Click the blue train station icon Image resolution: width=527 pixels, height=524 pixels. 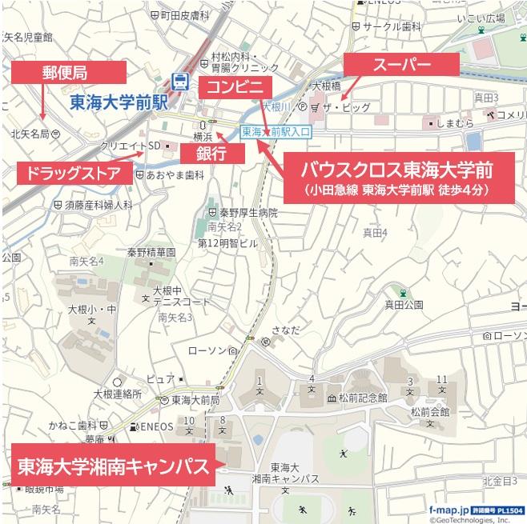pyautogui.click(x=181, y=81)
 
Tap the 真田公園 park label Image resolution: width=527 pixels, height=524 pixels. pyautogui.click(x=403, y=304)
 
